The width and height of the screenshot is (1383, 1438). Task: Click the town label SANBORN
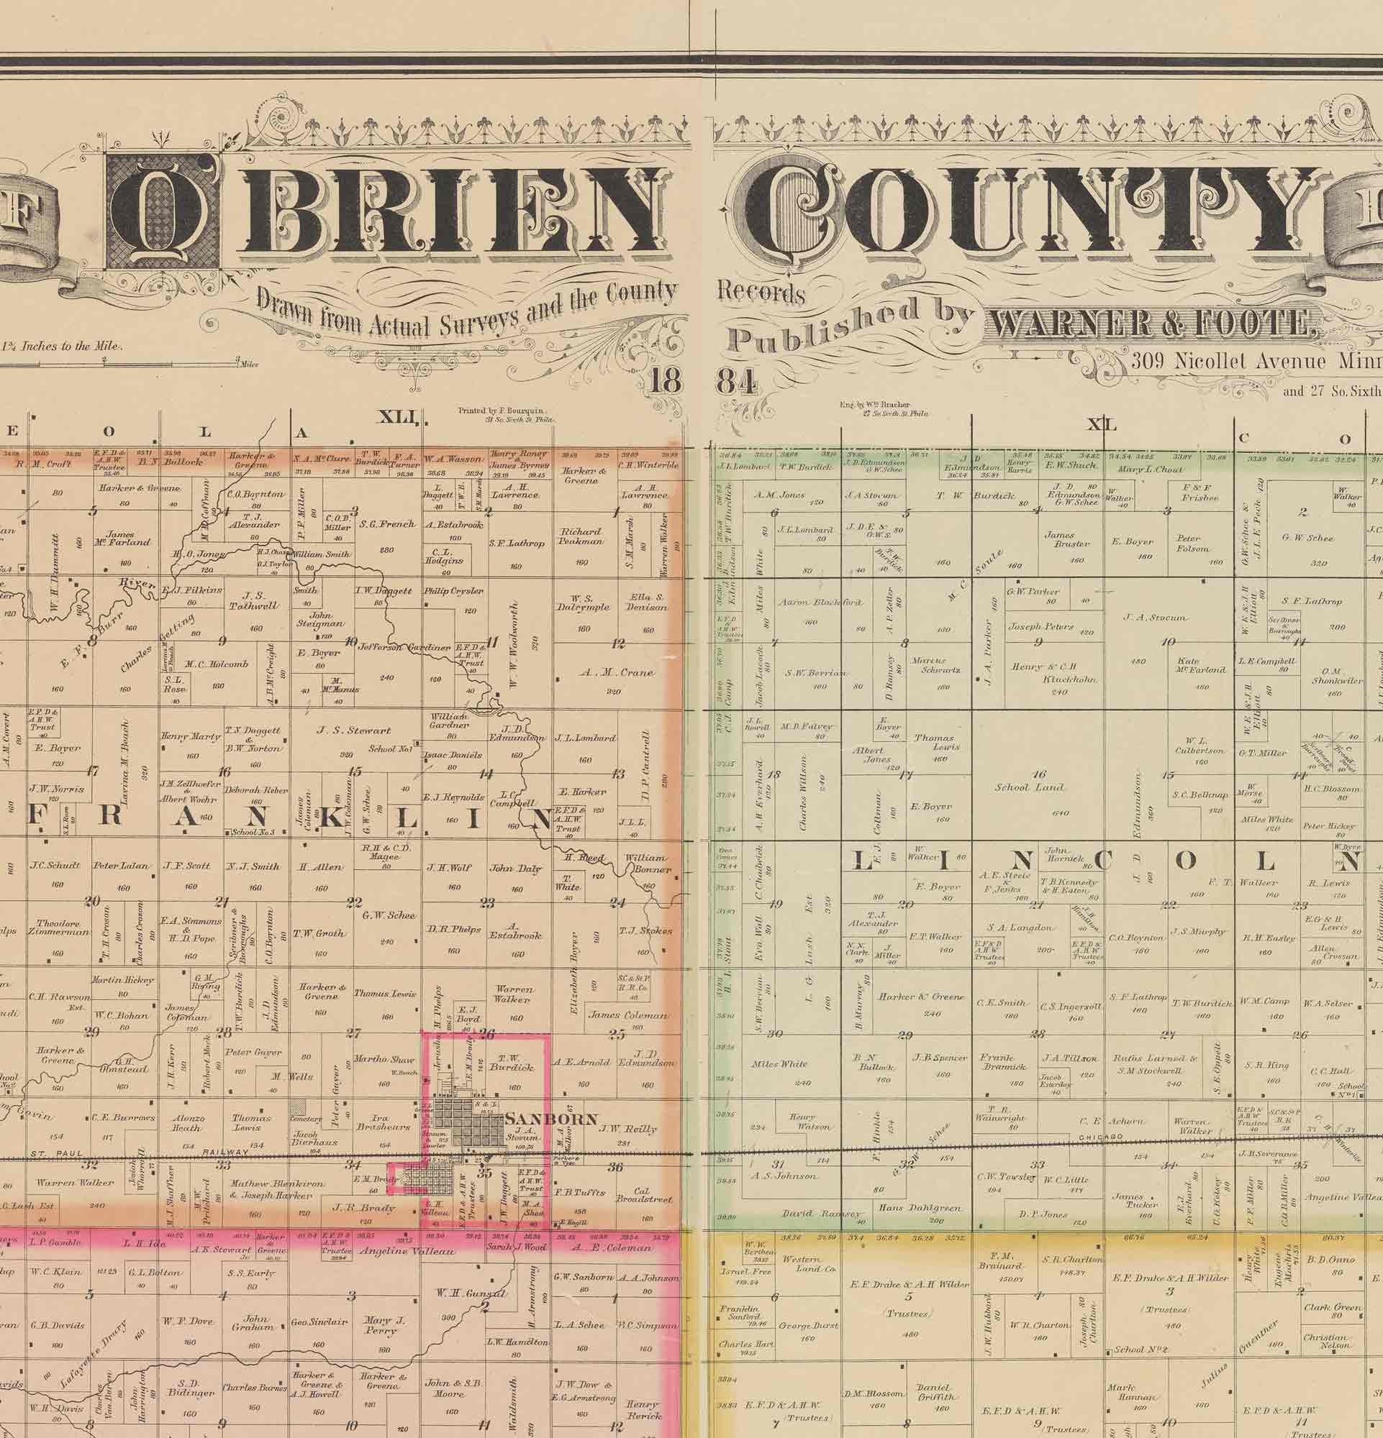point(551,1119)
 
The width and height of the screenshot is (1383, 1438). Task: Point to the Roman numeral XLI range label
point(397,418)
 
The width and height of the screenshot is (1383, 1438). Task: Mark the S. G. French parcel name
point(388,525)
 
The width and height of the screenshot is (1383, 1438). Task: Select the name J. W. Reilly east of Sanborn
point(627,1129)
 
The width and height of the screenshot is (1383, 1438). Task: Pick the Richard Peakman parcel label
point(581,536)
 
